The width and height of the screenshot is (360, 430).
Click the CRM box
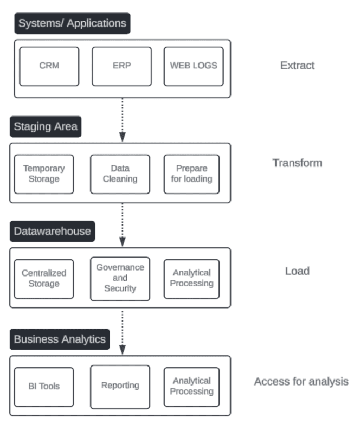click(x=49, y=66)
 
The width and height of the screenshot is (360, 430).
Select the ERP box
click(x=121, y=66)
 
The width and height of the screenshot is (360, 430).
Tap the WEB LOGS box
click(x=194, y=66)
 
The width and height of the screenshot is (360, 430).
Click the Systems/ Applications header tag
click(x=72, y=23)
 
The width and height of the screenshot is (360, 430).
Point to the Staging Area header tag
click(x=46, y=127)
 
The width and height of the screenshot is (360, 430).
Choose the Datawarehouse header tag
click(x=52, y=232)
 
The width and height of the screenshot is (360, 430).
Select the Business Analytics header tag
click(x=60, y=340)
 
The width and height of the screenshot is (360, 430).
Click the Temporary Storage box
click(x=44, y=174)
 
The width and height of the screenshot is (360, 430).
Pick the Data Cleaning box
click(x=120, y=174)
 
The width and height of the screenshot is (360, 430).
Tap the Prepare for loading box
click(x=191, y=174)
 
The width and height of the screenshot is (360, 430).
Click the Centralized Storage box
click(x=44, y=279)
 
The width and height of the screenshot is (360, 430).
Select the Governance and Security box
click(x=120, y=279)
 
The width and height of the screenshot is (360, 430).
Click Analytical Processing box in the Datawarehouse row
click(x=191, y=279)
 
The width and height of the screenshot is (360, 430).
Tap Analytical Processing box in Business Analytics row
click(x=191, y=387)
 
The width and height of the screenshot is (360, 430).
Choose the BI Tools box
click(x=44, y=387)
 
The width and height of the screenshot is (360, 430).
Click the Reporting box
click(x=120, y=387)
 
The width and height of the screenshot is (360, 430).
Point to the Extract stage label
click(x=297, y=66)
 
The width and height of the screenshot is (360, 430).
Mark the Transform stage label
click(x=297, y=163)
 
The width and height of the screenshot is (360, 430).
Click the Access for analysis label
click(x=301, y=382)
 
